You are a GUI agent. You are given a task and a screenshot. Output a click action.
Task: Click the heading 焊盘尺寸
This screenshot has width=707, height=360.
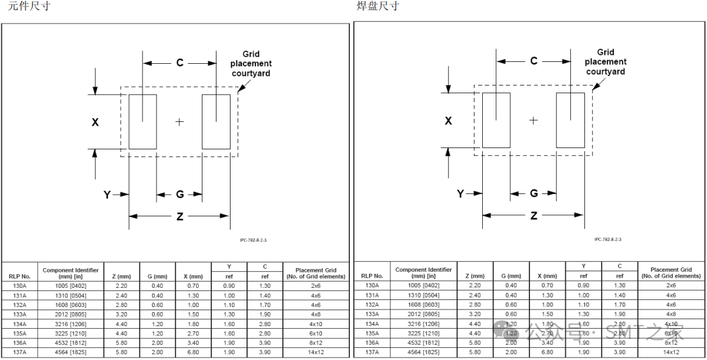coord(377,6)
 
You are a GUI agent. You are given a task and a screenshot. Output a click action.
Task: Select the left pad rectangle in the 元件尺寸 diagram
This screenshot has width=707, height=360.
coord(142,122)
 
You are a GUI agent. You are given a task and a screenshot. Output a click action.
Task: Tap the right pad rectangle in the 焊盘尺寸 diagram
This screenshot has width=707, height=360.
coord(570,120)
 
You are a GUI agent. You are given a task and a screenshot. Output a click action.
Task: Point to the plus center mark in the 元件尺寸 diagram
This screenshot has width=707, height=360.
coord(179,122)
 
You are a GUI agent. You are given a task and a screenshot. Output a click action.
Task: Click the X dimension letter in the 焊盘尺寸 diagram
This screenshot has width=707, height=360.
coord(448,120)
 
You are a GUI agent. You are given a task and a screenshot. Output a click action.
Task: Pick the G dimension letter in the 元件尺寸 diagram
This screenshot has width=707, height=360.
coord(180,195)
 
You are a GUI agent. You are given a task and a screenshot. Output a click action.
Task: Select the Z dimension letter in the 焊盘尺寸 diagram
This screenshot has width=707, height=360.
coord(534,216)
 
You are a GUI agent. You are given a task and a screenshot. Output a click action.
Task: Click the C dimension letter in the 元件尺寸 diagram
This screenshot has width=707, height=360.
coord(180,63)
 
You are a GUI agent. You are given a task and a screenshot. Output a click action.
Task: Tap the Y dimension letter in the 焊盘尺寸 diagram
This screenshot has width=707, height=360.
coord(460,193)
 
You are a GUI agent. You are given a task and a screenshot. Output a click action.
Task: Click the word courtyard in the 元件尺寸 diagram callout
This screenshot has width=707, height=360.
coord(251,73)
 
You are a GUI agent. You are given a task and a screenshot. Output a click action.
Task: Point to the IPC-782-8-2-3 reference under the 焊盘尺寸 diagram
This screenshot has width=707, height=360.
coord(607,239)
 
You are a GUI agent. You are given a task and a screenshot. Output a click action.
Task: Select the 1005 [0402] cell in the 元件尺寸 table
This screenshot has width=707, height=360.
coord(70,286)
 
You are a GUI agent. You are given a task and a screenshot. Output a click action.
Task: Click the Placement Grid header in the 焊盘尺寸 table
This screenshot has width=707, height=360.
coord(671,273)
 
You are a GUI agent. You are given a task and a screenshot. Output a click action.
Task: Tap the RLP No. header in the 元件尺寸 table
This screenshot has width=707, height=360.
coord(20,276)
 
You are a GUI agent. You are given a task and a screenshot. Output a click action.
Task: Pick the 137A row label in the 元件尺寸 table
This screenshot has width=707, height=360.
coord(20,352)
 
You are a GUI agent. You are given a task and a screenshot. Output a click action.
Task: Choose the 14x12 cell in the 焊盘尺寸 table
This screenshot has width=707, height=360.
coord(671,352)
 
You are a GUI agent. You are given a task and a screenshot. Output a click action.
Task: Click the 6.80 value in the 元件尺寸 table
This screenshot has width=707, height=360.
coord(193,352)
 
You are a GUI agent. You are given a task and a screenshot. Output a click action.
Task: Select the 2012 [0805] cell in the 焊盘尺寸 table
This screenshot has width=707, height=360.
coord(423,314)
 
